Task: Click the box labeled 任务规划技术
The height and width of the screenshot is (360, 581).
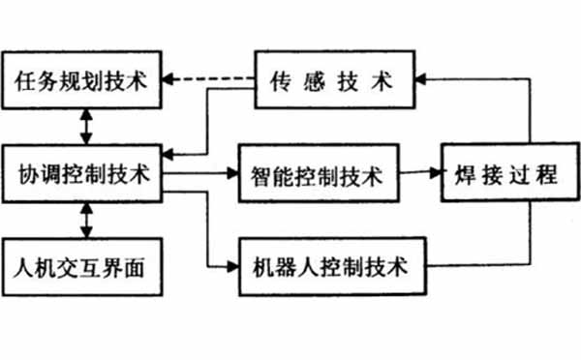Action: [82, 79]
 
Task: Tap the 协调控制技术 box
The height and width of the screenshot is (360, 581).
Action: [82, 175]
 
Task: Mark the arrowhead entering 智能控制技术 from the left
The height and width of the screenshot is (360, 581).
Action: [231, 175]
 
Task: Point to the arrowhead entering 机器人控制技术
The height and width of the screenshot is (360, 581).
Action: [231, 263]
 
